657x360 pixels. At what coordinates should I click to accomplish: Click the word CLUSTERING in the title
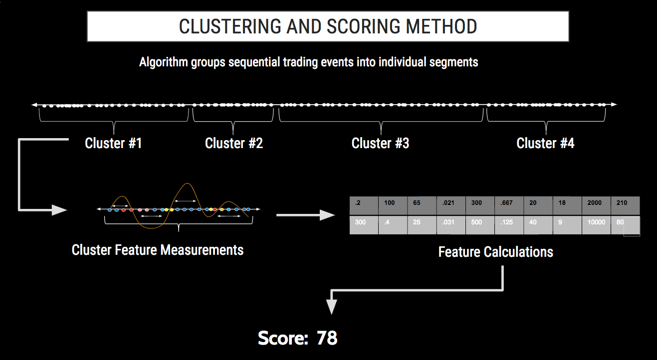coord(230,27)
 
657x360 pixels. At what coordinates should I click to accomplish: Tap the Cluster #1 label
coord(113,144)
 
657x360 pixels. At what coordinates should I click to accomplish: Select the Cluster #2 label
coord(234,144)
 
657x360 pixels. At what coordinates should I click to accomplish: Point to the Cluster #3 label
coord(380,144)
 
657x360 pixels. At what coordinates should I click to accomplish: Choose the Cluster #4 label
coord(545,144)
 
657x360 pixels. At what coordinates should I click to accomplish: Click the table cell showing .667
coord(509,206)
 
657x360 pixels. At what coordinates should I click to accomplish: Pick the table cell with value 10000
coord(596,225)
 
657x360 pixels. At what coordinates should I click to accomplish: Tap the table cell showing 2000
coord(596,206)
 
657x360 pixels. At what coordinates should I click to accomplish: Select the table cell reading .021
coord(451,206)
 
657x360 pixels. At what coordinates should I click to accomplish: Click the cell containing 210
coord(626,206)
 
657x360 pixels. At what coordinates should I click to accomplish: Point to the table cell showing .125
coord(509,225)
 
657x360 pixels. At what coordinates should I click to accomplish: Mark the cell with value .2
coord(364,206)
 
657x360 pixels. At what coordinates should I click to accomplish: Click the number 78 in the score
coord(327,338)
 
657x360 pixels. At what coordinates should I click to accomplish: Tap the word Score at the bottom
coord(283,338)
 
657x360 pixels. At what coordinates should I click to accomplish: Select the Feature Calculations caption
coord(496,252)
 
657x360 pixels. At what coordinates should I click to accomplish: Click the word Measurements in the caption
coord(202,250)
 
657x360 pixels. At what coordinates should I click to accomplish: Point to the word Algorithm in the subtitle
coord(163,62)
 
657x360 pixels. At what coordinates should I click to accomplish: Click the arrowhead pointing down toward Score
coord(331,306)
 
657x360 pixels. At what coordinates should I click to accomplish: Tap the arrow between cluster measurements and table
coord(306,215)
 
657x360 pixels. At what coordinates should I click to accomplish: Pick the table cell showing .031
coord(451,225)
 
